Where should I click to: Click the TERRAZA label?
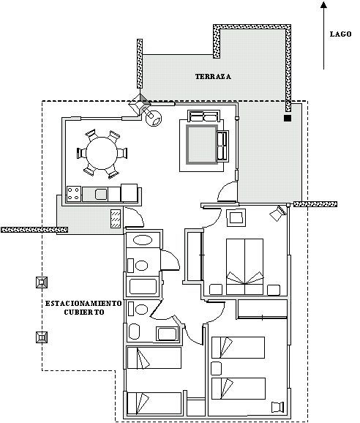click(x=213, y=77)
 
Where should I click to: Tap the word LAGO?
click(x=341, y=34)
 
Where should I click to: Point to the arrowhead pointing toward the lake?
click(x=323, y=4)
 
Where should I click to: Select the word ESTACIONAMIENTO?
click(x=83, y=304)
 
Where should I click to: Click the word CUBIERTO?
click(x=84, y=312)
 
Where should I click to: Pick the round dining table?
click(x=102, y=153)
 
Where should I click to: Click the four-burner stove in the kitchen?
click(x=74, y=194)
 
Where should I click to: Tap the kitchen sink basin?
click(x=101, y=194)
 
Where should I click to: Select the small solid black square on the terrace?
click(x=288, y=118)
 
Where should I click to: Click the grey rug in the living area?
click(x=202, y=144)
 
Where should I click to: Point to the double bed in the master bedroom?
click(x=244, y=266)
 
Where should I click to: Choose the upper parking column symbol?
click(x=42, y=282)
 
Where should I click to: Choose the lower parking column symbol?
click(x=42, y=337)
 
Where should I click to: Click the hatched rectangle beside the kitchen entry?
click(x=116, y=219)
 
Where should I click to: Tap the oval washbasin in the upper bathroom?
click(x=143, y=240)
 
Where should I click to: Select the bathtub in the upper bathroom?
click(x=143, y=286)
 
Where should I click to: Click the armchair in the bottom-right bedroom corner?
click(x=278, y=407)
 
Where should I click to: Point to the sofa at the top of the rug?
click(x=203, y=116)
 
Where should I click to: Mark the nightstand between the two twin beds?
click(x=216, y=369)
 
